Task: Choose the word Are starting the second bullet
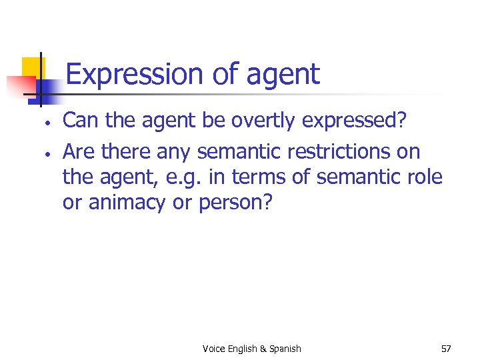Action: click(79, 151)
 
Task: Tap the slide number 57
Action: click(445, 349)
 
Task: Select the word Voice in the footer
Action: click(214, 349)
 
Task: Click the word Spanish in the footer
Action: click(285, 349)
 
